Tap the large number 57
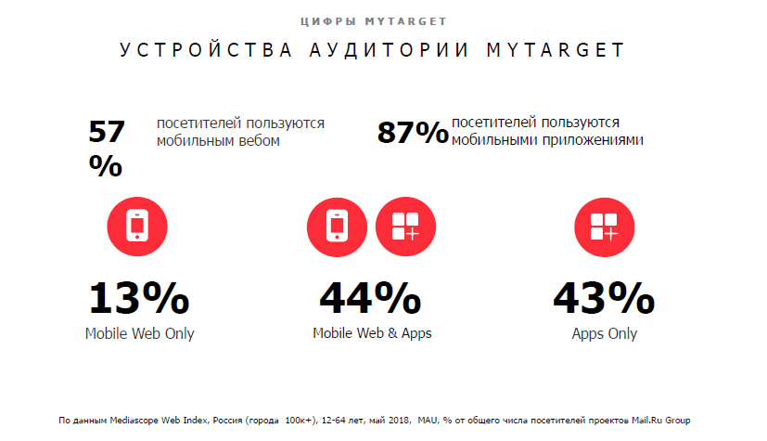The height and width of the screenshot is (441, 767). click(x=106, y=132)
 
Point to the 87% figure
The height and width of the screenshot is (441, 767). click(x=413, y=134)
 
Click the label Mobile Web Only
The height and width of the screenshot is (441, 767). click(x=140, y=334)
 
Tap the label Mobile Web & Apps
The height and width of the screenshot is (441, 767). click(x=372, y=334)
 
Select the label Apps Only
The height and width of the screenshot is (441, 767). click(x=605, y=334)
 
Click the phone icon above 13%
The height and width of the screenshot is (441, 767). click(x=136, y=226)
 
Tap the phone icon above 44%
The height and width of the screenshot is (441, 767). click(x=336, y=226)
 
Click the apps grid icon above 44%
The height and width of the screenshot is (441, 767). click(x=405, y=226)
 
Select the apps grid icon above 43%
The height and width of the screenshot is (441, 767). click(x=605, y=226)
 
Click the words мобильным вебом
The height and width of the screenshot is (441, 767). click(x=218, y=141)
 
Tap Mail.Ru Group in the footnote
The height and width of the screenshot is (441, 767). click(x=659, y=420)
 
